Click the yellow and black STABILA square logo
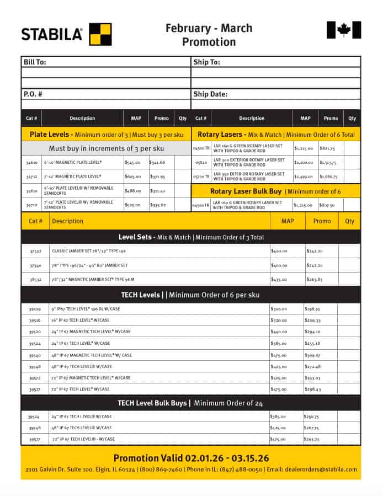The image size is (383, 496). pyautogui.click(x=100, y=34)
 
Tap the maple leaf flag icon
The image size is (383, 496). pyautogui.click(x=344, y=30)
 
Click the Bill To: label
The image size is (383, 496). pyautogui.click(x=34, y=62)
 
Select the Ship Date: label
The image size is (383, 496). pyautogui.click(x=210, y=94)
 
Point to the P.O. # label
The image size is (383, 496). pyautogui.click(x=33, y=94)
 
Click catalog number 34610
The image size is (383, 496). pyautogui.click(x=31, y=163)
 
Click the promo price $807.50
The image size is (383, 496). pyautogui.click(x=327, y=205)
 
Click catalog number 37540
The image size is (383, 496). pyautogui.click(x=35, y=265)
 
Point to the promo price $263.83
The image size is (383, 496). pyautogui.click(x=314, y=280)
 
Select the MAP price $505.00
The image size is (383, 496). pyautogui.click(x=279, y=378)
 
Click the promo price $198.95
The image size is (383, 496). pyautogui.click(x=312, y=309)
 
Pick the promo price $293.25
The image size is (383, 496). pyautogui.click(x=312, y=440)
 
